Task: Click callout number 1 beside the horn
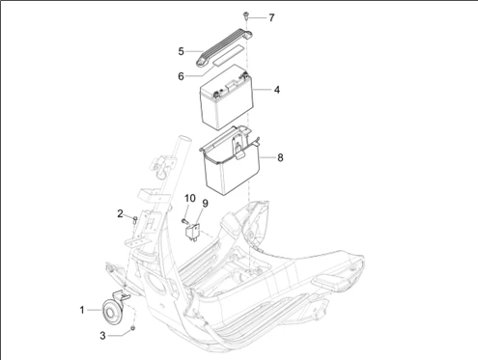[82, 310]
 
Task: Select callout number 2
[120, 213]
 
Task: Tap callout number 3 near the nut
[102, 336]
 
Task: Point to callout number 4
[277, 90]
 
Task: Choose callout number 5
[182, 51]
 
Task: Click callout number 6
[181, 76]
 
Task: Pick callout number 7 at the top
[271, 17]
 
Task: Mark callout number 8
[280, 157]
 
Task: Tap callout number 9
[205, 204]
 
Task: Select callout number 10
[190, 198]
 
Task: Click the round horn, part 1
[110, 311]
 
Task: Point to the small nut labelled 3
[132, 328]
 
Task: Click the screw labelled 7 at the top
[245, 15]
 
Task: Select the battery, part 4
[226, 97]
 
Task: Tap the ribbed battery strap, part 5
[223, 47]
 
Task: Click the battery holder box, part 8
[231, 160]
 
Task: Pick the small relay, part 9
[192, 232]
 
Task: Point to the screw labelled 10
[184, 221]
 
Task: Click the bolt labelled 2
[135, 220]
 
